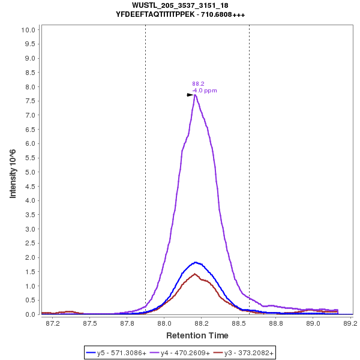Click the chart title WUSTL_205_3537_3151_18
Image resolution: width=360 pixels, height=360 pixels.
(179, 5)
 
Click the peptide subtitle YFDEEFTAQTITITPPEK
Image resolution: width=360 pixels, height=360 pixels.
(179, 14)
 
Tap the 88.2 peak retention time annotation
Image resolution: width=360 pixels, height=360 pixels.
(198, 84)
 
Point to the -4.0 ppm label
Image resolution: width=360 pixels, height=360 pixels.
(205, 91)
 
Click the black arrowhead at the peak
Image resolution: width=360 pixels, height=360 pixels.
(190, 94)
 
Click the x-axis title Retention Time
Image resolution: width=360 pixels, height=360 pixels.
(197, 335)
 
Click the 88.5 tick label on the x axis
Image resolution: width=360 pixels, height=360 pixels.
(239, 323)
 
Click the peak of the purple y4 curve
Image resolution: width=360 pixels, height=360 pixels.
(195, 95)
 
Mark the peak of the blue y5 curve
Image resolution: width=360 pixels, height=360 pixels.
(195, 262)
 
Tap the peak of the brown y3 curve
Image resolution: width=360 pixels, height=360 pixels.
(194, 274)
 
